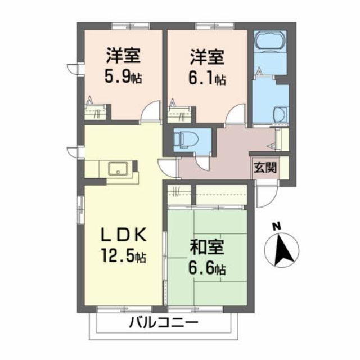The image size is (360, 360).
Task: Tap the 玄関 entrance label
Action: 264,166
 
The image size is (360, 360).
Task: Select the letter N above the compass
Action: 276,227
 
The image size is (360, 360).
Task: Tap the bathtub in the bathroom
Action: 271,42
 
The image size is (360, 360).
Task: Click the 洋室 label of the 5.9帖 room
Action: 122,56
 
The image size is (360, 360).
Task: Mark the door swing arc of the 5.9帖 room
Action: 150,112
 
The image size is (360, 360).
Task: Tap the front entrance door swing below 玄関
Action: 266,194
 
